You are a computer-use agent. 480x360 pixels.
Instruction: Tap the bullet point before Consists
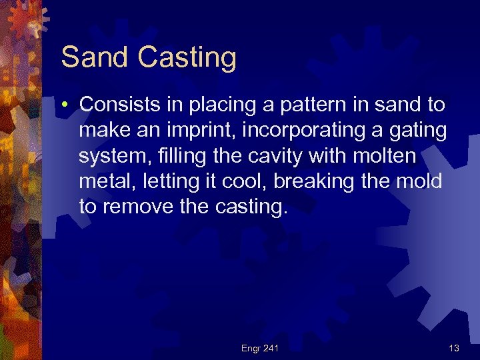pyautogui.click(x=69, y=105)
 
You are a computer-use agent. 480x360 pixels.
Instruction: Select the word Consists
pyautogui.click(x=117, y=104)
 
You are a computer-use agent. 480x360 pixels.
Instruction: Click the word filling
pyautogui.click(x=171, y=155)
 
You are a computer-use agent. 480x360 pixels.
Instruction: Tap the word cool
pyautogui.click(x=246, y=181)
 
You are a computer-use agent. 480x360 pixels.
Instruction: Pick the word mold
pyautogui.click(x=421, y=181)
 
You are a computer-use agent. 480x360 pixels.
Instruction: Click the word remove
pyautogui.click(x=139, y=207)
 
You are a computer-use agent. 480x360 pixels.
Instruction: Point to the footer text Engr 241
pyautogui.click(x=261, y=348)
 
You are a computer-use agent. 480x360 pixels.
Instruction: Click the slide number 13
pyautogui.click(x=453, y=348)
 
